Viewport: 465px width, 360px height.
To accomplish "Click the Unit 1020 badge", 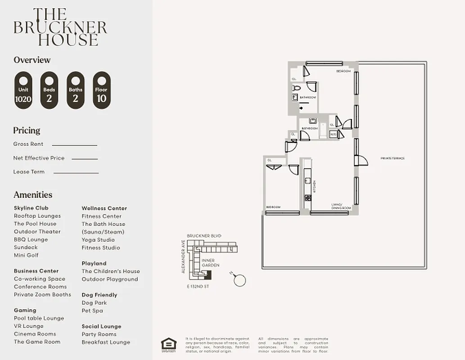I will click(23, 90).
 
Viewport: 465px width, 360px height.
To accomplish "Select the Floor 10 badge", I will click(101, 90).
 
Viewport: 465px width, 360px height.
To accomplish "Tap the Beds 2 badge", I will click(49, 90).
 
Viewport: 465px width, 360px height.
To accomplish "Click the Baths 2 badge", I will click(75, 90).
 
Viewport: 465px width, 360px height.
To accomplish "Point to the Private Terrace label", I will click(393, 158).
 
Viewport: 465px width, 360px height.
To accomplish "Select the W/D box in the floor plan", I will click(333, 135).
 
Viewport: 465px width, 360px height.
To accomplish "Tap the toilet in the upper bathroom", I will click(296, 88).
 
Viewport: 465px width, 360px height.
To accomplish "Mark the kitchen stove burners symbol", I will click(308, 197).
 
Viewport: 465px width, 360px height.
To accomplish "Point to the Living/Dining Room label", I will click(338, 206).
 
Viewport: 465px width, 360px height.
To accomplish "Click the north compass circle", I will click(240, 281).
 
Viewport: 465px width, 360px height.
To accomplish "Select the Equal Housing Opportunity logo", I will click(169, 344).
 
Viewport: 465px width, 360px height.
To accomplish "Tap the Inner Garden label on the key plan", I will click(211, 263).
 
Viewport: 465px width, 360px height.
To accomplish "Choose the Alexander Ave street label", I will click(183, 256).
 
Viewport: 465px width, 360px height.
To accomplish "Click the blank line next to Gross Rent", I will click(74, 145).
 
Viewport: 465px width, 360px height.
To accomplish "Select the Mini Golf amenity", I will click(26, 255).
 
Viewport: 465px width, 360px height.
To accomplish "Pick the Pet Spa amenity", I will click(92, 310).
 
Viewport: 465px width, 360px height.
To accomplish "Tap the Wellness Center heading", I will click(104, 208).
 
